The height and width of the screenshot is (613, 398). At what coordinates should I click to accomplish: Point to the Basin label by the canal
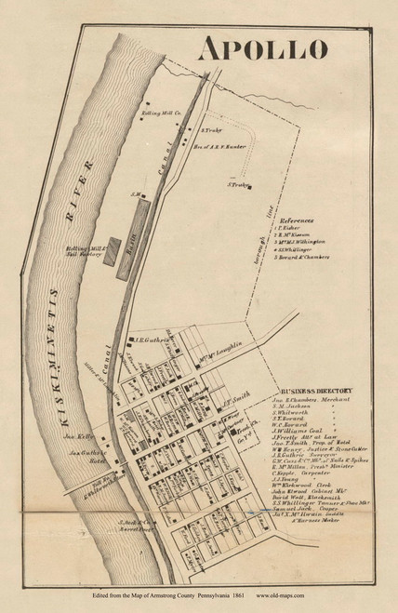pos(139,238)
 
